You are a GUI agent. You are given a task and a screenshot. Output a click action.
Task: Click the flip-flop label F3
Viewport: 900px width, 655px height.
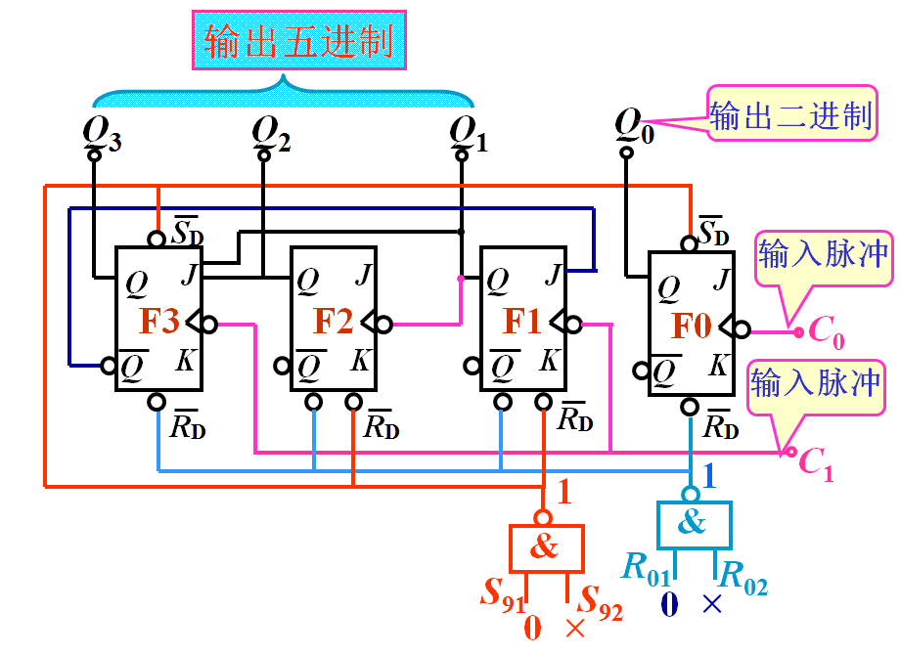[x=159, y=321]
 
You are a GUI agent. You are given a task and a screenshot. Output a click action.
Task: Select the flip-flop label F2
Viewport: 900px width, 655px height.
[x=333, y=321]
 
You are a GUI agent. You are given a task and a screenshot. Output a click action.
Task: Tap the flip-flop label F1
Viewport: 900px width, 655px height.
[x=521, y=321]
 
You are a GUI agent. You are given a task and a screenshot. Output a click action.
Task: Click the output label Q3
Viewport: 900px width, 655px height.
[x=102, y=131]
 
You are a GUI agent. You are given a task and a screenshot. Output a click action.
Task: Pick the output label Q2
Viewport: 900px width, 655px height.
[x=270, y=131]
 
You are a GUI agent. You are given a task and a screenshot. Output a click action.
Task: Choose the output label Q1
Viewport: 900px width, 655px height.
[x=468, y=131]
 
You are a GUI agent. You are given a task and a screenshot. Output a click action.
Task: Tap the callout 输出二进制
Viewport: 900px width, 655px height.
[x=789, y=116]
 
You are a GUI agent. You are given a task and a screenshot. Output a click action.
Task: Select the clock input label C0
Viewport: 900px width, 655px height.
[x=821, y=334]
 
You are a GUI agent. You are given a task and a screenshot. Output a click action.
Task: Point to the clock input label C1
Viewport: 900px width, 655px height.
[x=816, y=461]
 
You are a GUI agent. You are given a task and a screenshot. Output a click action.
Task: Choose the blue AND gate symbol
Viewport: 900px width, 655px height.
[x=693, y=524]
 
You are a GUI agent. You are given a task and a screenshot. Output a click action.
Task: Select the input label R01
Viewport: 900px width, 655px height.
[x=647, y=569]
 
